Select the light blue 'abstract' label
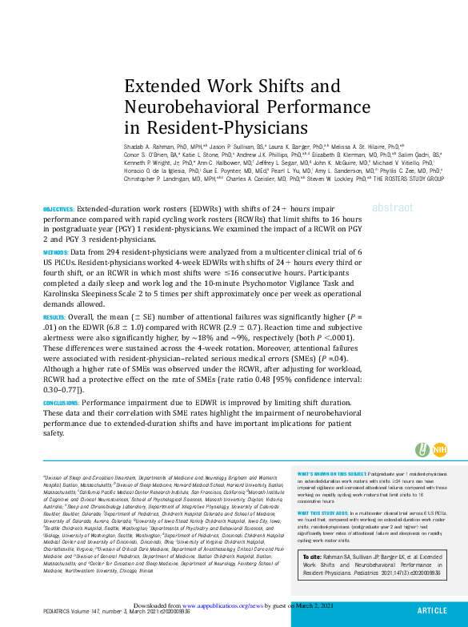point(392,207)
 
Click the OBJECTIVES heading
point(58,208)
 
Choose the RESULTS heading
point(54,317)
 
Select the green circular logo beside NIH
point(422,450)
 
